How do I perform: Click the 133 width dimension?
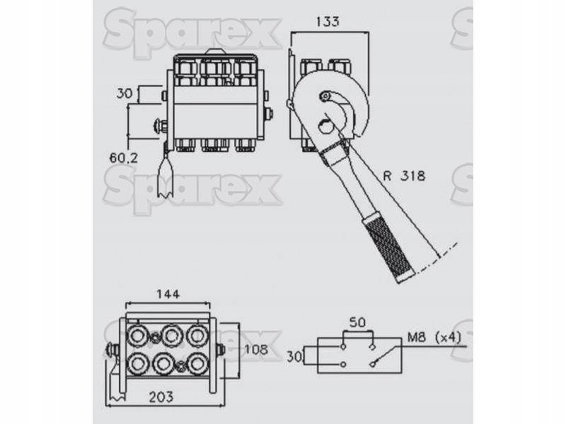tap(328, 22)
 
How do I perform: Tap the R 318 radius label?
tap(404, 176)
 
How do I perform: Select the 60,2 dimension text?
tap(123, 158)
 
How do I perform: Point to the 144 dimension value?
tap(168, 294)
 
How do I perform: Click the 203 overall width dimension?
tap(161, 397)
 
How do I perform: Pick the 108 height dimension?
tap(256, 349)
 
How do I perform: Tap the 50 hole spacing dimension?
tap(357, 322)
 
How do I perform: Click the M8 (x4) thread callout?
tap(434, 338)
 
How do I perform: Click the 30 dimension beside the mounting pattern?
tap(294, 357)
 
